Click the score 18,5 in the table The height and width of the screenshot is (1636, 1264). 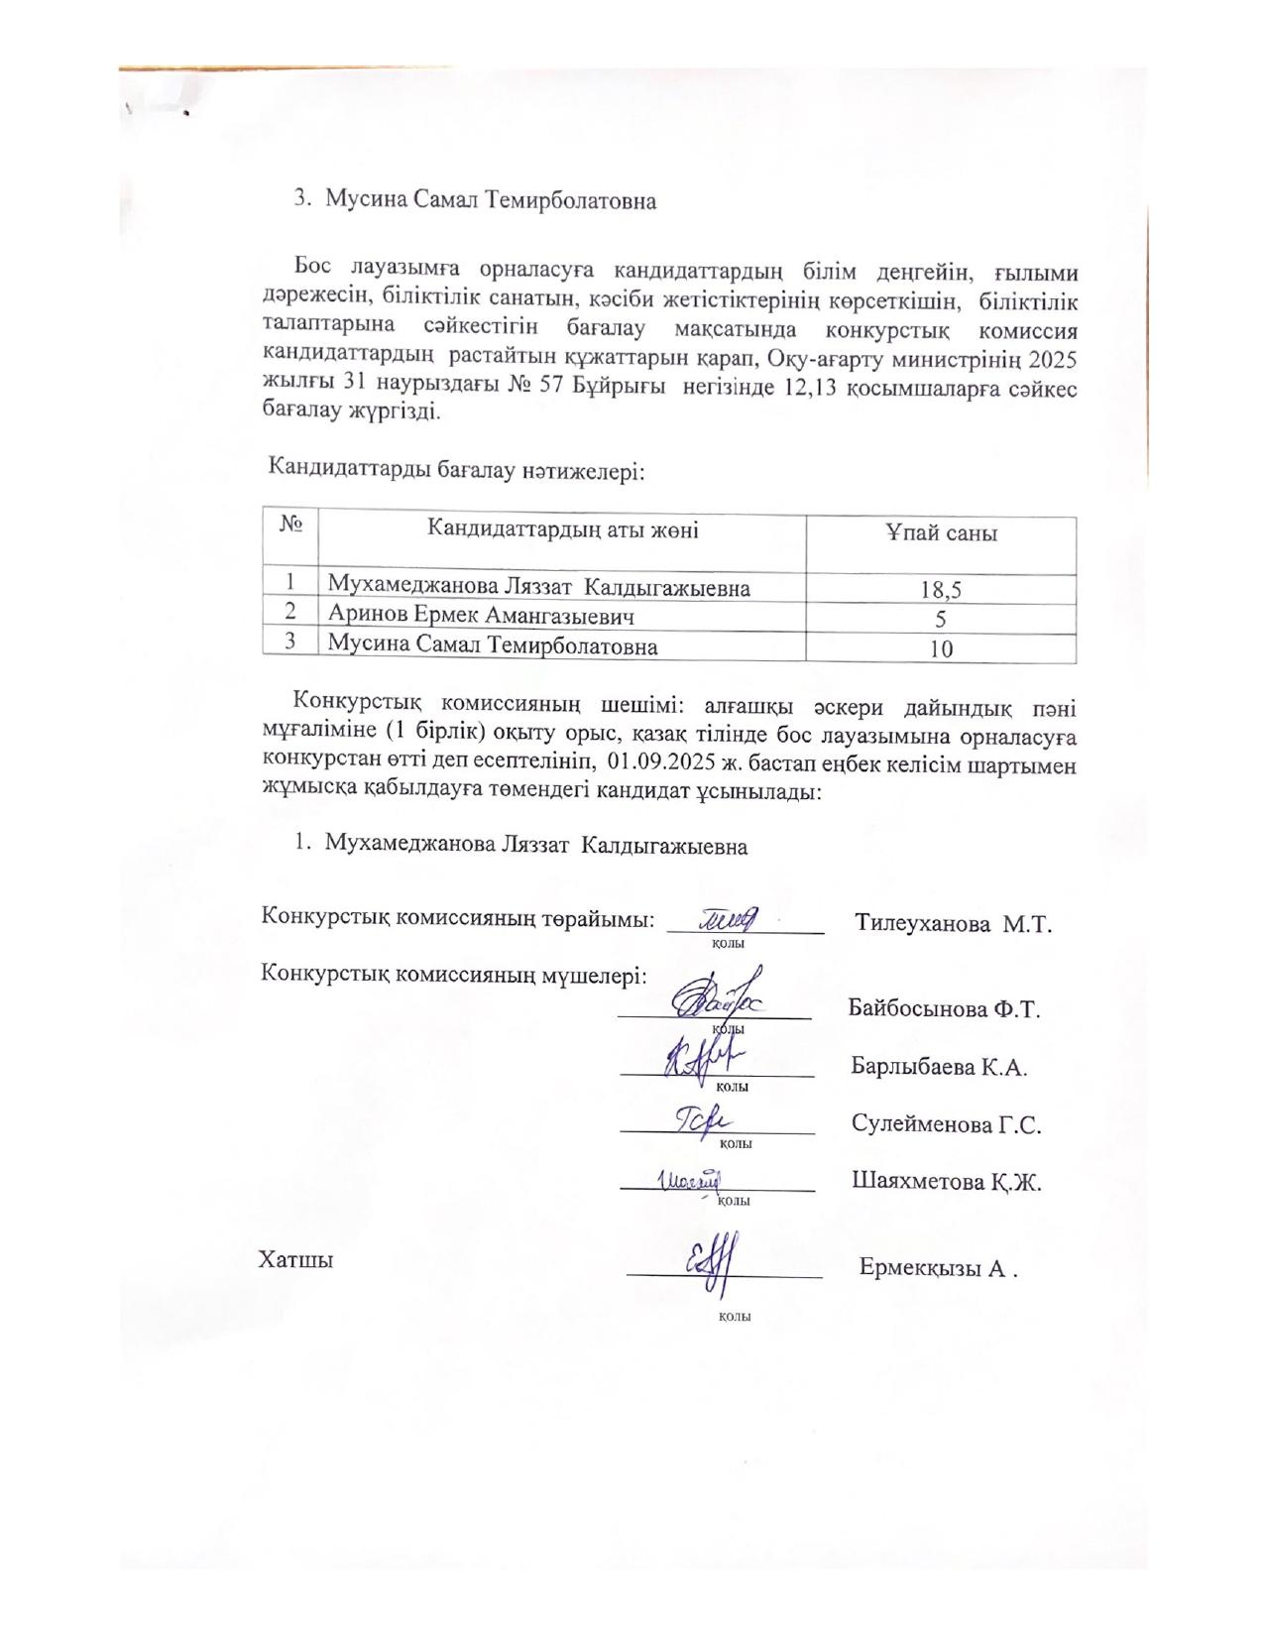pos(940,591)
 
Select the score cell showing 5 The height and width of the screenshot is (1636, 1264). pos(940,620)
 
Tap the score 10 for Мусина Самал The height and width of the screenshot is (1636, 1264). pos(940,649)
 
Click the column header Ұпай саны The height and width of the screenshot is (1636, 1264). pos(940,533)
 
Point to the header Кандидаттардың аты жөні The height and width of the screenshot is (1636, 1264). pos(562,529)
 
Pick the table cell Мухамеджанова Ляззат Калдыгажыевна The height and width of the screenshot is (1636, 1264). pos(538,588)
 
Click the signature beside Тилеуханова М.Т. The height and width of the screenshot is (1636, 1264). pos(730,920)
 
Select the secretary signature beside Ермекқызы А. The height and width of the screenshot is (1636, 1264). pos(711,1264)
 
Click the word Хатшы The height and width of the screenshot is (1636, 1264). pos(295,1260)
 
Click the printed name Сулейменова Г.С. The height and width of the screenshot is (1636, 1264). pos(946,1124)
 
